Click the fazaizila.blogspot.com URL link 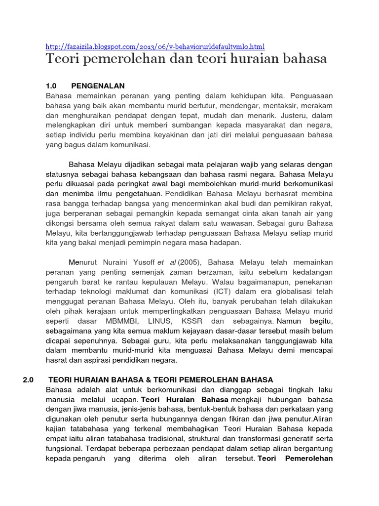point(155,46)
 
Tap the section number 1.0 point(52,86)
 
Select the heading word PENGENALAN point(98,86)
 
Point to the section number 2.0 point(28,379)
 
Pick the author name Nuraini point(121,262)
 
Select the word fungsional point(64,449)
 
